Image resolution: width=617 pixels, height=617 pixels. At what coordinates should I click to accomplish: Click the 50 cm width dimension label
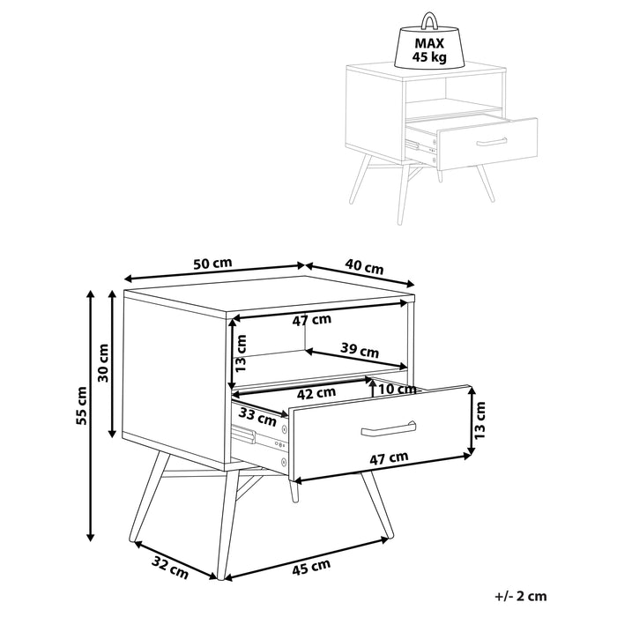tap(212, 264)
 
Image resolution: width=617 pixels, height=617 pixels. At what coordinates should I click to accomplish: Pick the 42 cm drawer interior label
tap(316, 392)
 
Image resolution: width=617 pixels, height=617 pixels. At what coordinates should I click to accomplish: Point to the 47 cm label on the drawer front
tap(389, 457)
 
